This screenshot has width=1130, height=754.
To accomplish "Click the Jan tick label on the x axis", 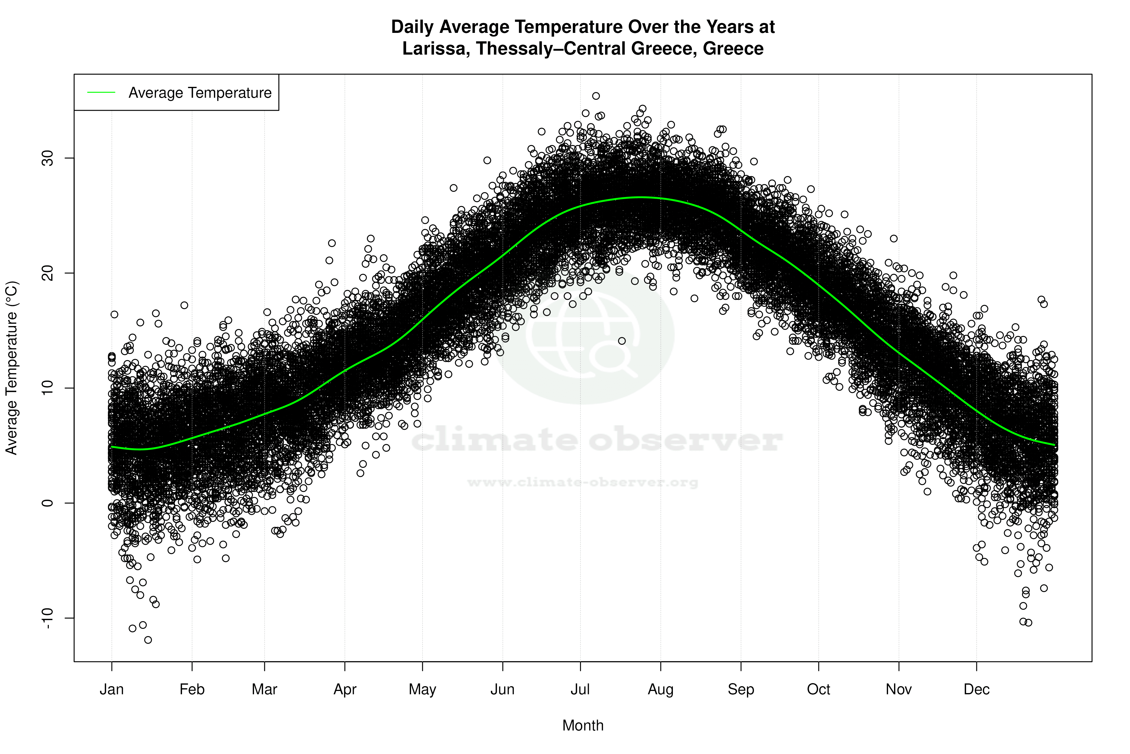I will click(111, 689).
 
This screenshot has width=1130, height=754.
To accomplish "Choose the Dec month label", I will click(976, 689).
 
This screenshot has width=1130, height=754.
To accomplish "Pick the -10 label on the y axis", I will click(48, 618).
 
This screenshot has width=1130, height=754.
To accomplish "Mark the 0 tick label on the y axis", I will click(48, 503).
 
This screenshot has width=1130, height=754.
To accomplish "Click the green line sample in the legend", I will click(101, 92).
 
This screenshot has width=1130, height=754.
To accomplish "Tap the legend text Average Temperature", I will click(200, 93).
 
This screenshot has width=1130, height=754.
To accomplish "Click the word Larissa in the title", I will click(436, 49).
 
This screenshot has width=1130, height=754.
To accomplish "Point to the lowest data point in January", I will click(148, 640).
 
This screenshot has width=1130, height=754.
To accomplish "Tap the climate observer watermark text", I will click(597, 440).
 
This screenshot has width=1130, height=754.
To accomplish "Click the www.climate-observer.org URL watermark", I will click(582, 482).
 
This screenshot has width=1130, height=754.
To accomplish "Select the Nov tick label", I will click(899, 689).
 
